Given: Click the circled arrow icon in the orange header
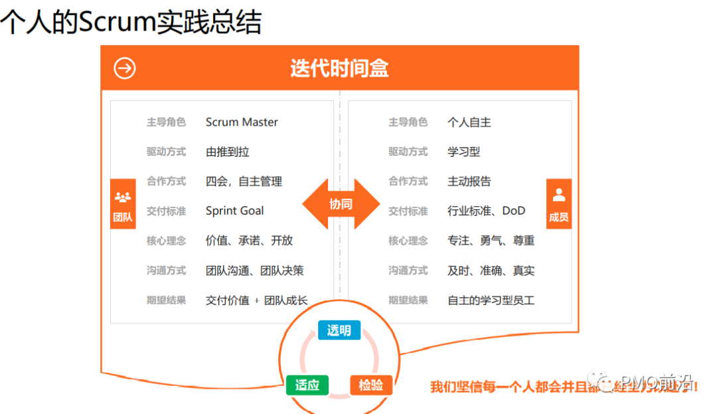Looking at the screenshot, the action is pyautogui.click(x=124, y=68).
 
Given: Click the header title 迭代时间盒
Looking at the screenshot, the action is pyautogui.click(x=339, y=68).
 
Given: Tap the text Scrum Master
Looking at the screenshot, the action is pyautogui.click(x=242, y=122).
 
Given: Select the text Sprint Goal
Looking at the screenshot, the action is pyautogui.click(x=234, y=211).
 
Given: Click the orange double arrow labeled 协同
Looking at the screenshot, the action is pyautogui.click(x=341, y=204).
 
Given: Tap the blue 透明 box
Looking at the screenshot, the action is pyautogui.click(x=339, y=330).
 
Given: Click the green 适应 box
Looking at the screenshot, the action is pyautogui.click(x=307, y=385).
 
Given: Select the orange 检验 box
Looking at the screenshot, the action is pyautogui.click(x=371, y=385).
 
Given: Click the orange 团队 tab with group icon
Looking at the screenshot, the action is pyautogui.click(x=123, y=204).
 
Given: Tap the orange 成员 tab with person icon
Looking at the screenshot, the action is pyautogui.click(x=558, y=204).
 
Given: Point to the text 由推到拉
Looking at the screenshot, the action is pyautogui.click(x=228, y=152).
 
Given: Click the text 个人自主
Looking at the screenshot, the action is pyautogui.click(x=469, y=122).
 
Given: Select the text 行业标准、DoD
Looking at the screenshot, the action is pyautogui.click(x=486, y=211).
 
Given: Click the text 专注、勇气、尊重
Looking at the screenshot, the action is pyautogui.click(x=491, y=241).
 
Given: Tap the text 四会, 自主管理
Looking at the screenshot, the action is pyautogui.click(x=244, y=181).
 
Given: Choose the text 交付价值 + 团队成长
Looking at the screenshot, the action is pyautogui.click(x=257, y=300).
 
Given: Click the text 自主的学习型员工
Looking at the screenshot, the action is pyautogui.click(x=491, y=300).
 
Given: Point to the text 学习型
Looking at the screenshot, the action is pyautogui.click(x=464, y=152).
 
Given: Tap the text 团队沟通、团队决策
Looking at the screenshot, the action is pyautogui.click(x=254, y=270).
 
